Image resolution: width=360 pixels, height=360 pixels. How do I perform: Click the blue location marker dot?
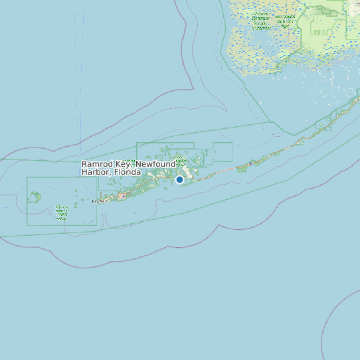tap(179, 179)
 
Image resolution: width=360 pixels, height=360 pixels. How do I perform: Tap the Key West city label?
tap(99, 201)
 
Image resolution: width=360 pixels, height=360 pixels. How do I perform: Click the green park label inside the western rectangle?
tap(62, 212)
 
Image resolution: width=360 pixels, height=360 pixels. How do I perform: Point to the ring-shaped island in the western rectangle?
tap(35, 197)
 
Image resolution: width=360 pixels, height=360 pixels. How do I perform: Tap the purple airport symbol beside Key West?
tap(124, 196)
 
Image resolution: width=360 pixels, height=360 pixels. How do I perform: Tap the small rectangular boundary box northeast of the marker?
tap(222, 152)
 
